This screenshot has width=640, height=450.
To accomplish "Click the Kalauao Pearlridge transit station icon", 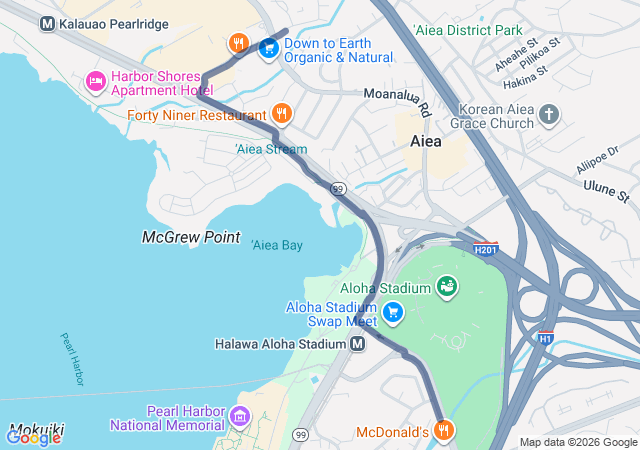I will pos(47,22).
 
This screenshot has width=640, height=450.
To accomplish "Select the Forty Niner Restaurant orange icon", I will pos(281,114).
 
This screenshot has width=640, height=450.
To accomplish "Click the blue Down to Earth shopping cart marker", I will pos(268,47).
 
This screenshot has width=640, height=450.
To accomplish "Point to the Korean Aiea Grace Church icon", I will pos(548,115).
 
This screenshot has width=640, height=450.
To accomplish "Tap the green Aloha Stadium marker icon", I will pos(446,288).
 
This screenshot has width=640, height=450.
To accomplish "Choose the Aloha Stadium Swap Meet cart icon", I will pos(393,314).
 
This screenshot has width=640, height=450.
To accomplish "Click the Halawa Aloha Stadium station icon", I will pos(358,344).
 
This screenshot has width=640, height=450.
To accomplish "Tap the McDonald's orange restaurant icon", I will pos(445,432).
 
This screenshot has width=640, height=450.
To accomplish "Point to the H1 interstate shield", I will pos(545,338).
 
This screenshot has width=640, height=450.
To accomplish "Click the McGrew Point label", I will pos(190,238).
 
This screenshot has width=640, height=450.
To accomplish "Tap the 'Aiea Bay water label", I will pos(277,245).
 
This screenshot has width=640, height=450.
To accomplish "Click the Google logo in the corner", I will pos(33,437).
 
